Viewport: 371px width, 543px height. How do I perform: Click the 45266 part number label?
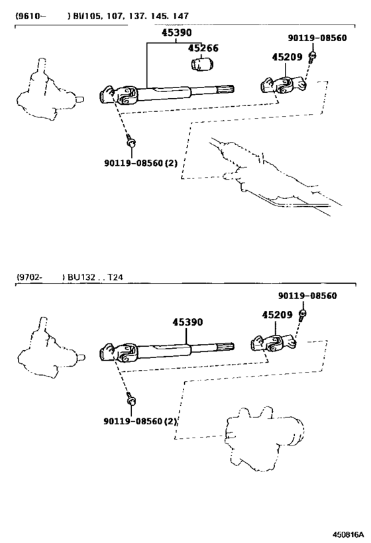pyautogui.click(x=203, y=48)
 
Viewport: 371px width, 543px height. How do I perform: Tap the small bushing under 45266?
pyautogui.click(x=203, y=64)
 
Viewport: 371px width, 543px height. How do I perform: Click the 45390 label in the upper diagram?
pyautogui.click(x=176, y=32)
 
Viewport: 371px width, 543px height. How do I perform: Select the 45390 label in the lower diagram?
pyautogui.click(x=187, y=322)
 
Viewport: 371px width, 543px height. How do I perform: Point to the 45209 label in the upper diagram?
pyautogui.click(x=287, y=57)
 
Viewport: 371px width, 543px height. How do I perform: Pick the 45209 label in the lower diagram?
pyautogui.click(x=277, y=315)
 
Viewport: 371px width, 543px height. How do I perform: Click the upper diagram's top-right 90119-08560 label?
pyautogui.click(x=317, y=38)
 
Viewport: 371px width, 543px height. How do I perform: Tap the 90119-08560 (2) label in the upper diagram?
pyautogui.click(x=140, y=162)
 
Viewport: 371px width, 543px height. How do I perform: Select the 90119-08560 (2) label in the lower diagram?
pyautogui.click(x=140, y=421)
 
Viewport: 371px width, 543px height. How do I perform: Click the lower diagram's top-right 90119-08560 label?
pyautogui.click(x=307, y=296)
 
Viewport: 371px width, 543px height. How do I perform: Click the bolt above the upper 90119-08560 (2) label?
pyautogui.click(x=131, y=141)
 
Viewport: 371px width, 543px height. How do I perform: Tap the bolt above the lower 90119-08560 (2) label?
pyautogui.click(x=131, y=400)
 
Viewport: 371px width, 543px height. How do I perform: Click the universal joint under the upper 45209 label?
pyautogui.click(x=283, y=85)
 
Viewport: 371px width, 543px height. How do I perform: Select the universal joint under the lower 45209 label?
pyautogui.click(x=274, y=343)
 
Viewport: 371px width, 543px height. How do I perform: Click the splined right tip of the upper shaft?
pyautogui.click(x=226, y=90)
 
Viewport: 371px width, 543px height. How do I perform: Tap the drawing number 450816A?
pyautogui.click(x=348, y=533)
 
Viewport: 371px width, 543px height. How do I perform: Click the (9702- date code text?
pyautogui.click(x=30, y=277)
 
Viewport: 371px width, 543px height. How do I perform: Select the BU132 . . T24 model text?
pyautogui.click(x=95, y=277)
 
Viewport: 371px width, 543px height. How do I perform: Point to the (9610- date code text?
pyautogui.click(x=30, y=16)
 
